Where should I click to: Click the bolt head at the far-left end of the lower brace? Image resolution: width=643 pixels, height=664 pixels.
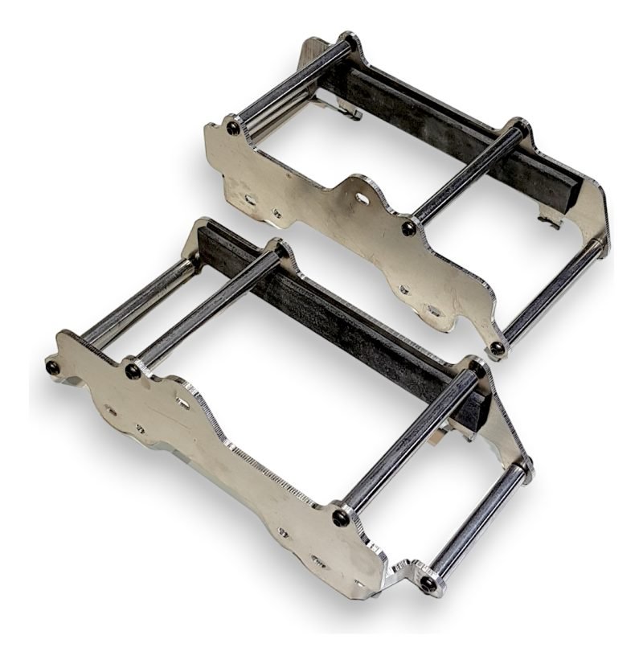click(53, 367)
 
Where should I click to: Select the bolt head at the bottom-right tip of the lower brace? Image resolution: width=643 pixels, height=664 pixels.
click(429, 583)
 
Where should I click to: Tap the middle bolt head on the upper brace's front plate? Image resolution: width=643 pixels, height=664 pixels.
click(409, 228)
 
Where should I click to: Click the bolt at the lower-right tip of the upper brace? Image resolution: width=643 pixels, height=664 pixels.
click(498, 348)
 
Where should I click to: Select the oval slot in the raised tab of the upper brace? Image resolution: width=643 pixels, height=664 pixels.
click(362, 198)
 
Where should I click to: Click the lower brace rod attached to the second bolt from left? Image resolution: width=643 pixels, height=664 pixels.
click(205, 314)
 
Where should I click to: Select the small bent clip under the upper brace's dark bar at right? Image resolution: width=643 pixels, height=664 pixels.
click(551, 219)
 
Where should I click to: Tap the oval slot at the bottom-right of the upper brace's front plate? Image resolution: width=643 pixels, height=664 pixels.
click(435, 310)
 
